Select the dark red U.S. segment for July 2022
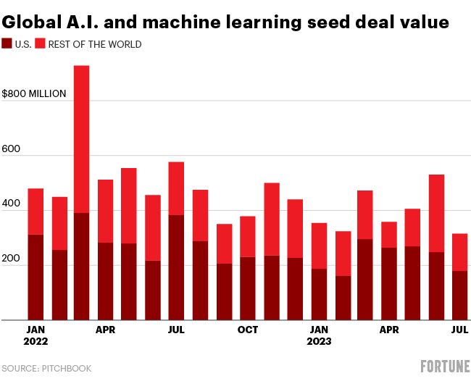tap(176, 267)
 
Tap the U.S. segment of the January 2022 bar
tap(36, 277)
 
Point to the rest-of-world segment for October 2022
tap(247, 236)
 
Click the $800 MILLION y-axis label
tap(34, 93)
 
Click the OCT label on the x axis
tap(248, 330)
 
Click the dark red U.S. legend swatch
tap(7, 44)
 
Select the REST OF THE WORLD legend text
tap(94, 44)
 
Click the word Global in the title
tap(34, 22)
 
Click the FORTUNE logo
tap(445, 367)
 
